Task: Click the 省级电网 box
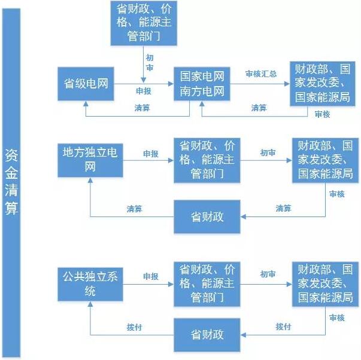click(86, 83)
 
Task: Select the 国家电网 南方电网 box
click(202, 84)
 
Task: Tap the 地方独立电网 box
click(90, 160)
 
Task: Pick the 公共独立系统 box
click(90, 283)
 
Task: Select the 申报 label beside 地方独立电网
click(150, 153)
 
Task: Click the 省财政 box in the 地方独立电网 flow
click(207, 216)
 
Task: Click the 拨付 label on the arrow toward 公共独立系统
click(134, 327)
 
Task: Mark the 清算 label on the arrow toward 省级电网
click(142, 108)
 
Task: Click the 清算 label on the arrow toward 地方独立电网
click(134, 209)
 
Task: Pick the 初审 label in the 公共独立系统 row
click(268, 274)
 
